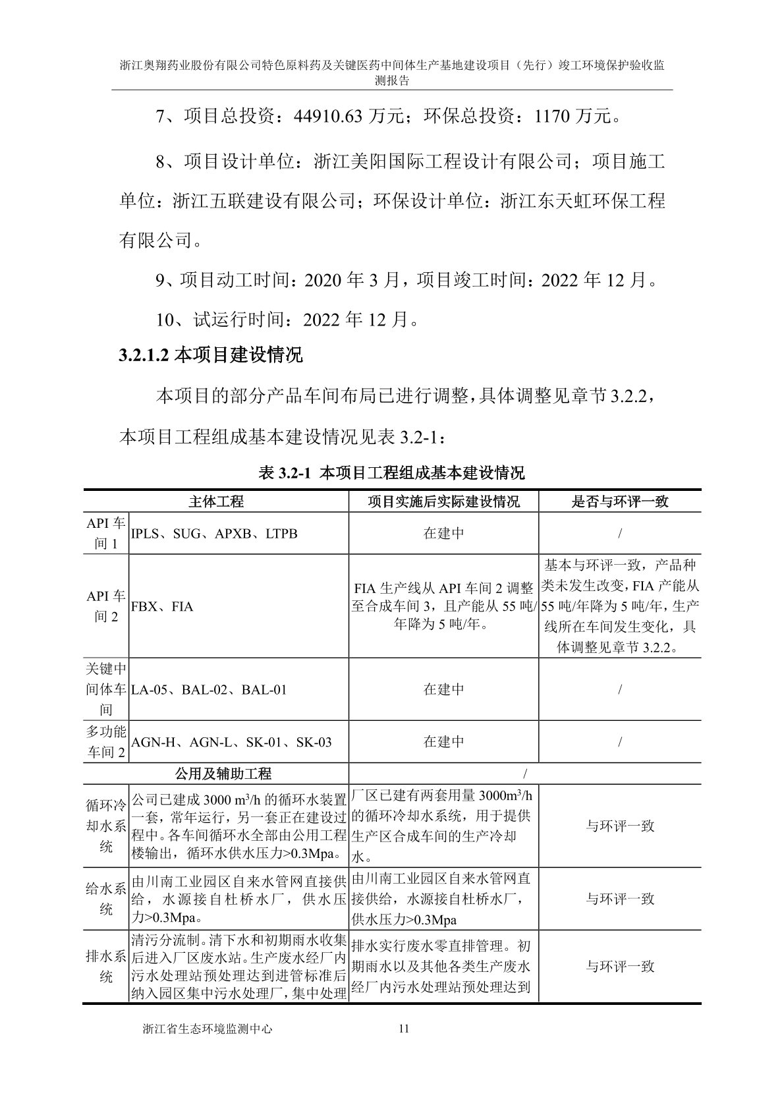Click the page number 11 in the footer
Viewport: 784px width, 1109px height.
click(404, 1029)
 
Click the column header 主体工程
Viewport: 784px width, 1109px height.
click(216, 501)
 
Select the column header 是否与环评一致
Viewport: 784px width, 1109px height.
click(619, 501)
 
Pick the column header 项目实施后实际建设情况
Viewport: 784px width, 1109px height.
click(443, 501)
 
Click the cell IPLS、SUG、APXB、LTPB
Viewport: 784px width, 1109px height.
click(215, 533)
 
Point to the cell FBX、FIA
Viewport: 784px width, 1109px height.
click(163, 606)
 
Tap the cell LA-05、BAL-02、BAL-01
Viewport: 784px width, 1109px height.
click(210, 690)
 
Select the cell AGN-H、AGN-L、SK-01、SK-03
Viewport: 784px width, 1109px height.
click(232, 742)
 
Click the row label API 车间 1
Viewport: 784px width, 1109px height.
click(106, 533)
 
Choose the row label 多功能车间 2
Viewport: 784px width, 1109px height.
click(106, 742)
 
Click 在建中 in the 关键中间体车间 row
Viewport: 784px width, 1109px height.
click(443, 690)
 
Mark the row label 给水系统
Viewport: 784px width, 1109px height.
click(106, 899)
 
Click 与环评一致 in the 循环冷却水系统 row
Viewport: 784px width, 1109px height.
click(620, 826)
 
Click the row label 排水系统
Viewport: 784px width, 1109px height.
click(106, 967)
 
